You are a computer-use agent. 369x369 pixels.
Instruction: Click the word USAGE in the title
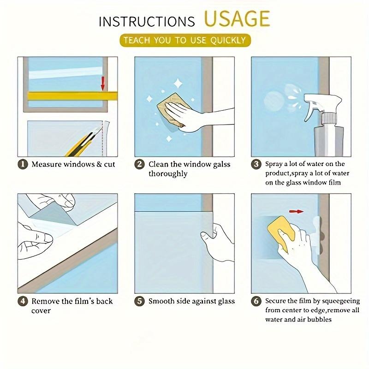[237, 18]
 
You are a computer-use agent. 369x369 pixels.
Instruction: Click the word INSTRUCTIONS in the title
[147, 22]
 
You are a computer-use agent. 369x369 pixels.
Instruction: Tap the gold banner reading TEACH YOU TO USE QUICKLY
[185, 40]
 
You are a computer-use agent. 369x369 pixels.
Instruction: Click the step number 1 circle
[23, 164]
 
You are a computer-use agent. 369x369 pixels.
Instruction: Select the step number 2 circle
[140, 164]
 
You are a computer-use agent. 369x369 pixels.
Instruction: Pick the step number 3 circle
[256, 164]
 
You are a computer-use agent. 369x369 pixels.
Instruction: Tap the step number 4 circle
[23, 302]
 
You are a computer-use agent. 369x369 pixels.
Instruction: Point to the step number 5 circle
[140, 302]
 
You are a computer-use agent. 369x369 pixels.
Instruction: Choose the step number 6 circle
[256, 302]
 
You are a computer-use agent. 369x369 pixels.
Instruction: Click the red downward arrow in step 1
[103, 83]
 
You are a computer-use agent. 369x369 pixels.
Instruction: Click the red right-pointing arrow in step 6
[296, 212]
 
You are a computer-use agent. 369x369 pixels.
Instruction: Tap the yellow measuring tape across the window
[72, 96]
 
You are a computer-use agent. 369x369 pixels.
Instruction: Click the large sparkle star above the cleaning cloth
[178, 84]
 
